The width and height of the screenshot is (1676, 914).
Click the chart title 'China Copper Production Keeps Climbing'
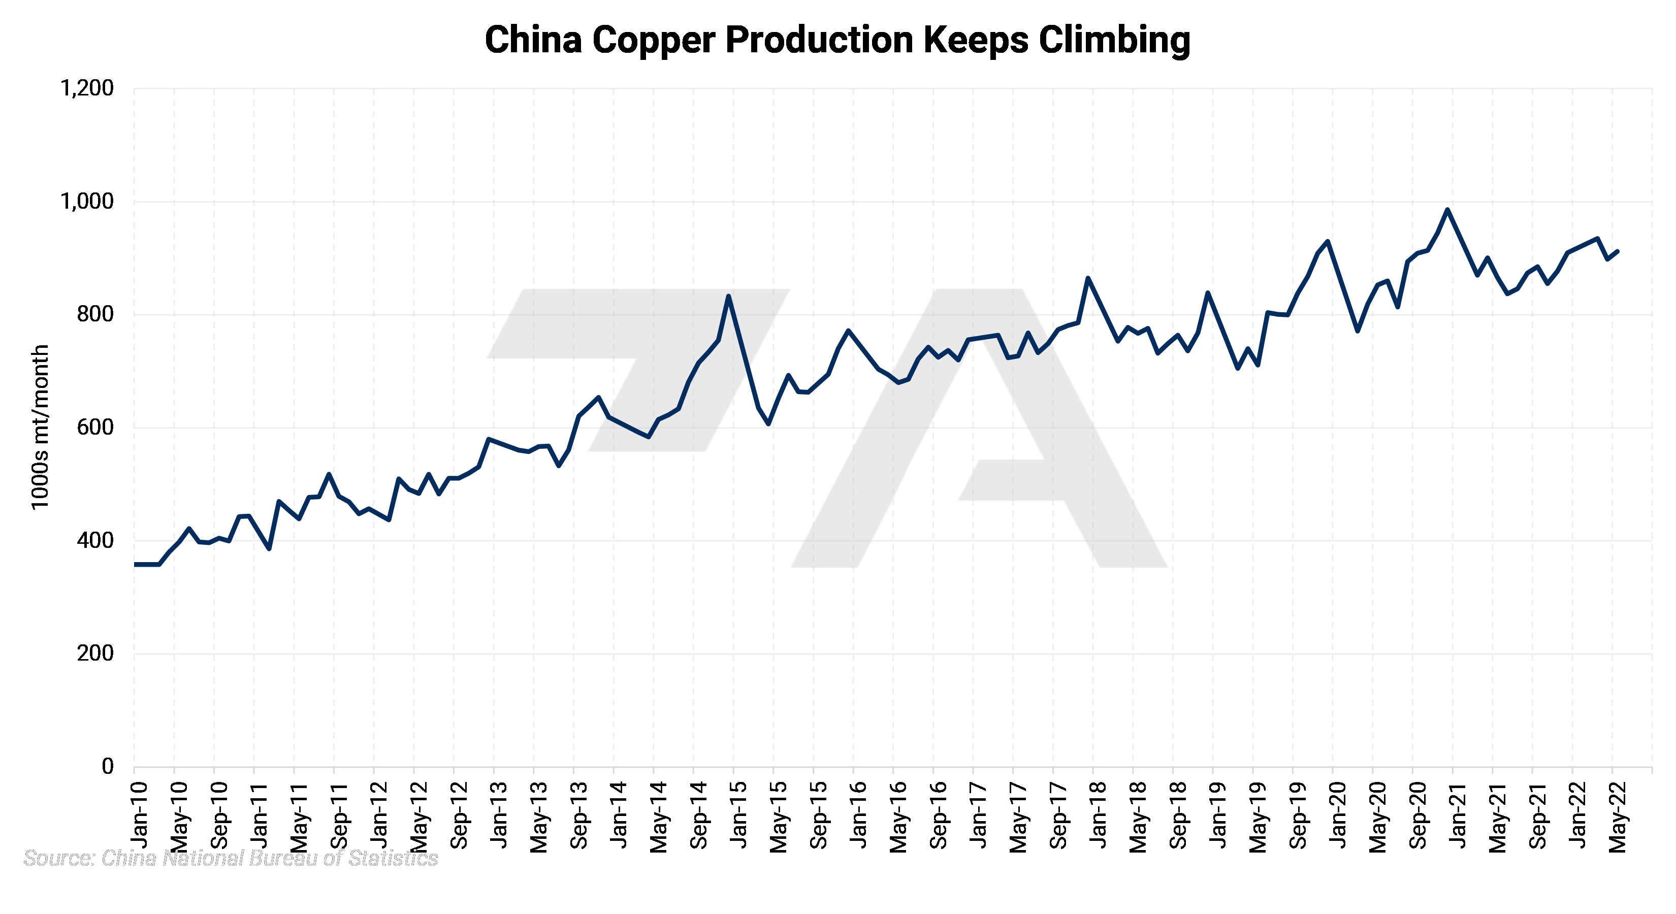[x=837, y=40]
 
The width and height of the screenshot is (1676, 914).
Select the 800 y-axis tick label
[x=95, y=314]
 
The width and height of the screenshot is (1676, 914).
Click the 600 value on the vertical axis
[x=95, y=428]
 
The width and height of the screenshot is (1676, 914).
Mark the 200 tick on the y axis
[x=95, y=653]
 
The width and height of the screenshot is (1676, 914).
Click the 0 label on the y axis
[x=107, y=766]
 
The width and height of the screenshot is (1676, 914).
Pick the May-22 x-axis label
[x=1618, y=817]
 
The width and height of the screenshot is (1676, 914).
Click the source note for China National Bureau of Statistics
[x=230, y=858]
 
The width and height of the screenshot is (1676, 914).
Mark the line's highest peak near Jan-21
[x=1447, y=210]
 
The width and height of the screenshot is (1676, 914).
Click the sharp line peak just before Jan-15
[x=729, y=296]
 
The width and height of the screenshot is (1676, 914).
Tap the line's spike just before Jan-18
[x=1088, y=278]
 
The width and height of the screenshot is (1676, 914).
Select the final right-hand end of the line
[x=1618, y=251]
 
